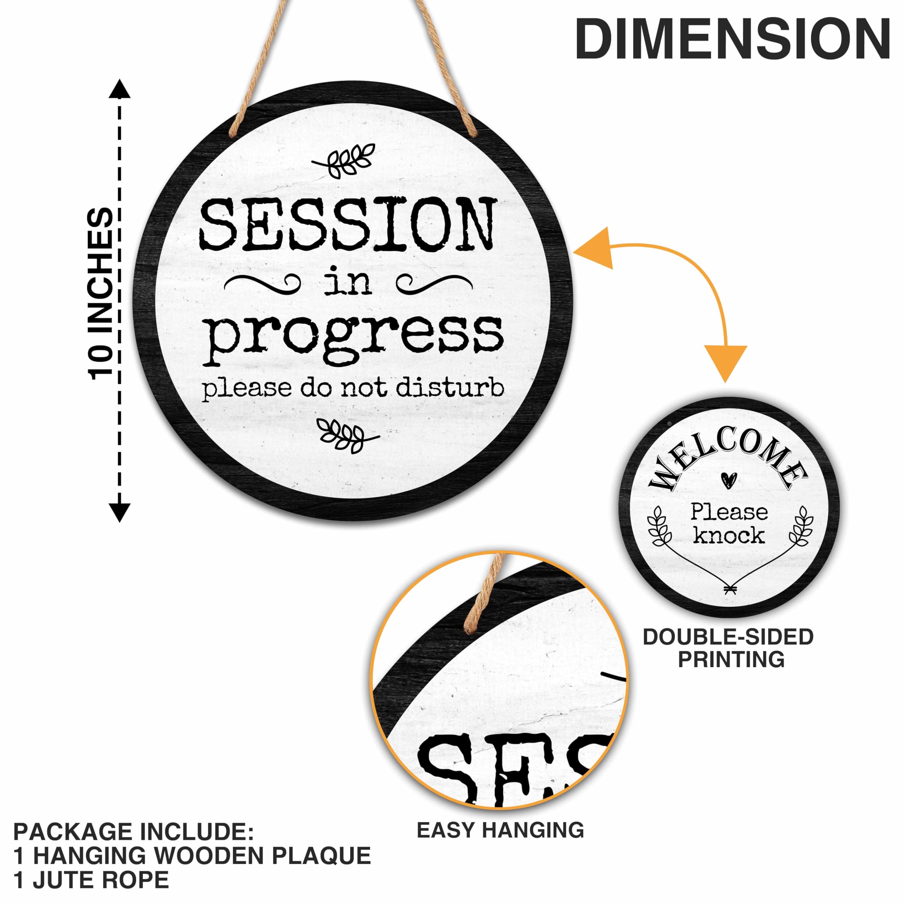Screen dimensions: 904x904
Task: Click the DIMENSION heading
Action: tap(732, 40)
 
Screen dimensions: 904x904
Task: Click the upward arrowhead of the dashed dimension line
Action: tap(120, 89)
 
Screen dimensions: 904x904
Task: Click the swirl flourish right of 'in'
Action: tap(433, 282)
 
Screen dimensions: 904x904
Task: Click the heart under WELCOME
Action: tap(728, 479)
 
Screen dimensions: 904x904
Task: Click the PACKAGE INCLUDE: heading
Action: tap(133, 832)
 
